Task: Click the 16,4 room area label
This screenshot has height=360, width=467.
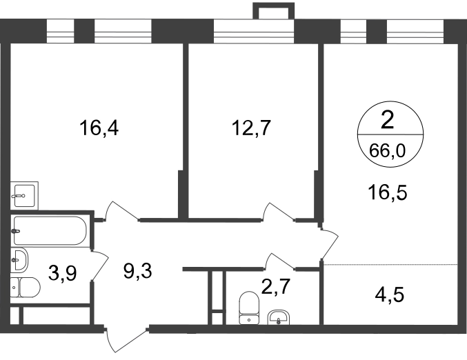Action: click(99, 129)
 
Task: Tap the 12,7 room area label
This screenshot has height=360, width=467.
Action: click(251, 128)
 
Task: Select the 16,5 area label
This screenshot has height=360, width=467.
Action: click(388, 192)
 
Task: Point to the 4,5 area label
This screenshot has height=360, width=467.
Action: click(389, 294)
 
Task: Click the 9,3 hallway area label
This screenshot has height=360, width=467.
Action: click(137, 271)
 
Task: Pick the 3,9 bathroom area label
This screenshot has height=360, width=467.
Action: click(63, 273)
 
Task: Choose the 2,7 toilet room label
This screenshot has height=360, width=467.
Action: click(275, 287)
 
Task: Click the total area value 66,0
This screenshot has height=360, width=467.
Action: click(387, 150)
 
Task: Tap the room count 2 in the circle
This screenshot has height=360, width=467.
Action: click(387, 120)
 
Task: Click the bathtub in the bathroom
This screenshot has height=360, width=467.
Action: click(50, 231)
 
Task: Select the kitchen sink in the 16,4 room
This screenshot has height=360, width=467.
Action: click(24, 195)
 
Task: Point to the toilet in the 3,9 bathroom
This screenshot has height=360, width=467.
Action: click(26, 288)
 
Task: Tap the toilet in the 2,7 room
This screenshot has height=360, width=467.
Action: click(249, 308)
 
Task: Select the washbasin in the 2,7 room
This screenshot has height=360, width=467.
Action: click(279, 317)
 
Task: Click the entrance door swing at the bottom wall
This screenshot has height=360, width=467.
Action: click(126, 340)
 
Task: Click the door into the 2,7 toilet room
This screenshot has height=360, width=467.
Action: click(280, 262)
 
